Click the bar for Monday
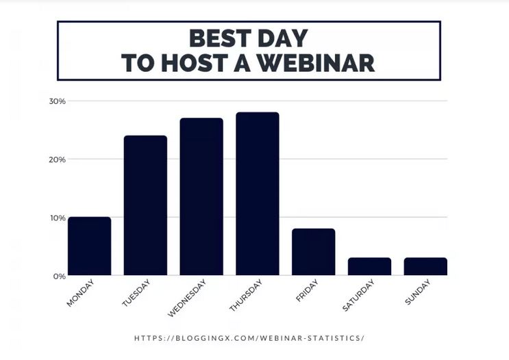coord(89,246)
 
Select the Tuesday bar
coord(145,205)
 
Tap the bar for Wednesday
coord(201,197)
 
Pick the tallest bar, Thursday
coord(258,194)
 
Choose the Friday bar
coord(313,252)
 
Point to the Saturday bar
coord(369,266)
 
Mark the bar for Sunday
coord(425,266)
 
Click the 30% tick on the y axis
coord(57,101)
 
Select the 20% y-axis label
coord(57,159)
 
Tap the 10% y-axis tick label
coord(57,218)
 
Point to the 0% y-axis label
coord(59,276)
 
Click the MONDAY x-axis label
coord(80,293)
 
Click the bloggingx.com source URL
coord(249,338)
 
